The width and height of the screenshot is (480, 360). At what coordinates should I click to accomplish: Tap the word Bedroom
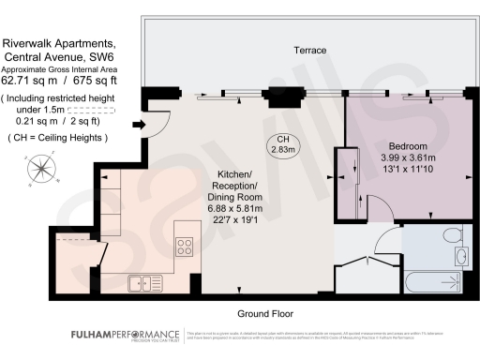pos(408,147)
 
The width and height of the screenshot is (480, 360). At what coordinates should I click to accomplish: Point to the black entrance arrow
pos(140,125)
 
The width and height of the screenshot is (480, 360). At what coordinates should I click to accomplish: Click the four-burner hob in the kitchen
pos(184,248)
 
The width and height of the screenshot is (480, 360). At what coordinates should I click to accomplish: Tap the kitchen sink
pos(144,280)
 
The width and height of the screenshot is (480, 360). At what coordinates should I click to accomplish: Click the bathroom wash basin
pos(459,256)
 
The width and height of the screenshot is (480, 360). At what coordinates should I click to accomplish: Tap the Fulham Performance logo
pos(125,336)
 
